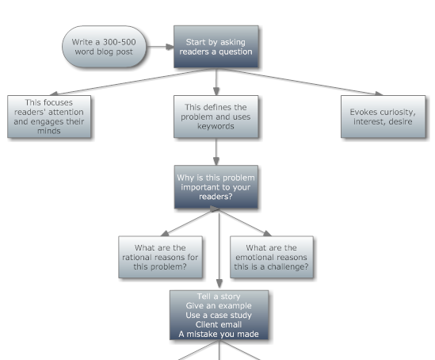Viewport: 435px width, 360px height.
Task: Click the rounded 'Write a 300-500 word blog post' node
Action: coord(104,47)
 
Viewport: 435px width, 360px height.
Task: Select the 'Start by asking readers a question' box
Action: coord(216,47)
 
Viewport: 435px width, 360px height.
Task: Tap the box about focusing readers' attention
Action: coord(49,117)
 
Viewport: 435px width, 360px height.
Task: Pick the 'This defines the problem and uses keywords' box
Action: coord(216,117)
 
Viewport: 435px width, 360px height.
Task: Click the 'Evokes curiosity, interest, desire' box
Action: coord(383,117)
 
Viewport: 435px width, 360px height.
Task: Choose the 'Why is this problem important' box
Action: coord(216,187)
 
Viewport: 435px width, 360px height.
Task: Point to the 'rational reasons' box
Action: coord(160,257)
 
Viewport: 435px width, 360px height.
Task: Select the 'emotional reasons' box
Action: coord(272,257)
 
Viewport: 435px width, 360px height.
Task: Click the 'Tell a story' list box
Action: coord(219,315)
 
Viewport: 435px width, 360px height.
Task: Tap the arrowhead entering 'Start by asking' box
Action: coord(170,47)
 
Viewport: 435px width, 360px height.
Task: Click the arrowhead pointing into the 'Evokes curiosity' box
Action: coord(379,94)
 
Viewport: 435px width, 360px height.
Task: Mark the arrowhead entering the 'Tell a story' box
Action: coord(219,284)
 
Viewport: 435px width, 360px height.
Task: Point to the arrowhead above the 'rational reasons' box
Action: coord(165,233)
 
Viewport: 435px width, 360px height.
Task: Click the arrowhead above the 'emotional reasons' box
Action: coord(267,233)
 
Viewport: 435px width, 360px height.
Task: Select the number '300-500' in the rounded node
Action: coord(120,42)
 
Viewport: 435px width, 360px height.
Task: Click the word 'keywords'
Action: coord(216,126)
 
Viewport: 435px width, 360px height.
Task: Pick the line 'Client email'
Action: coord(219,324)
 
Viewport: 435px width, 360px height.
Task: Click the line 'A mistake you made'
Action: coord(219,334)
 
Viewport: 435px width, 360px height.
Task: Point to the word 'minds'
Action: coord(49,131)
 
